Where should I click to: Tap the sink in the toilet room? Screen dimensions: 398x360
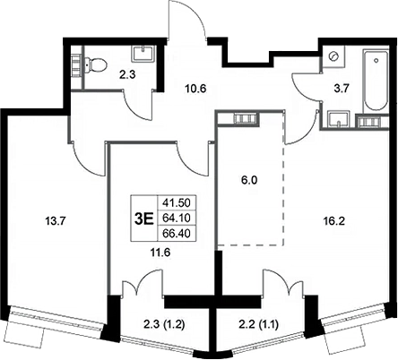(x=143, y=53)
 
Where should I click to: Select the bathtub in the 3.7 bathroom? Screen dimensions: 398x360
(x=376, y=81)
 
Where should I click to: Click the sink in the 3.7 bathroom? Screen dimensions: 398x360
(x=339, y=119)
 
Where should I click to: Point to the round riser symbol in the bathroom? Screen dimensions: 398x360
(x=333, y=56)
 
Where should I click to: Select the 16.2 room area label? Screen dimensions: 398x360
(x=334, y=221)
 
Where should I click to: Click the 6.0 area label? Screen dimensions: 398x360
(x=250, y=180)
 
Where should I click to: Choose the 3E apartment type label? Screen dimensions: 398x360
(x=144, y=219)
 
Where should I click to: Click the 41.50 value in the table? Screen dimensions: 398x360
(x=177, y=203)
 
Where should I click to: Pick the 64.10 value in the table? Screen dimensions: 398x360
(x=177, y=218)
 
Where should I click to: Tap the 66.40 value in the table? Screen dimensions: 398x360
(x=177, y=234)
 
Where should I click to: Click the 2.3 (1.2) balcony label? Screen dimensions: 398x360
(x=162, y=325)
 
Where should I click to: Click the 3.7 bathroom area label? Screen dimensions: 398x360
(x=342, y=89)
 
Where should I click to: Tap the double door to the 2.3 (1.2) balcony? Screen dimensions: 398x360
(x=143, y=283)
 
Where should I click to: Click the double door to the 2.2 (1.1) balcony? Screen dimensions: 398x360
(x=283, y=283)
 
